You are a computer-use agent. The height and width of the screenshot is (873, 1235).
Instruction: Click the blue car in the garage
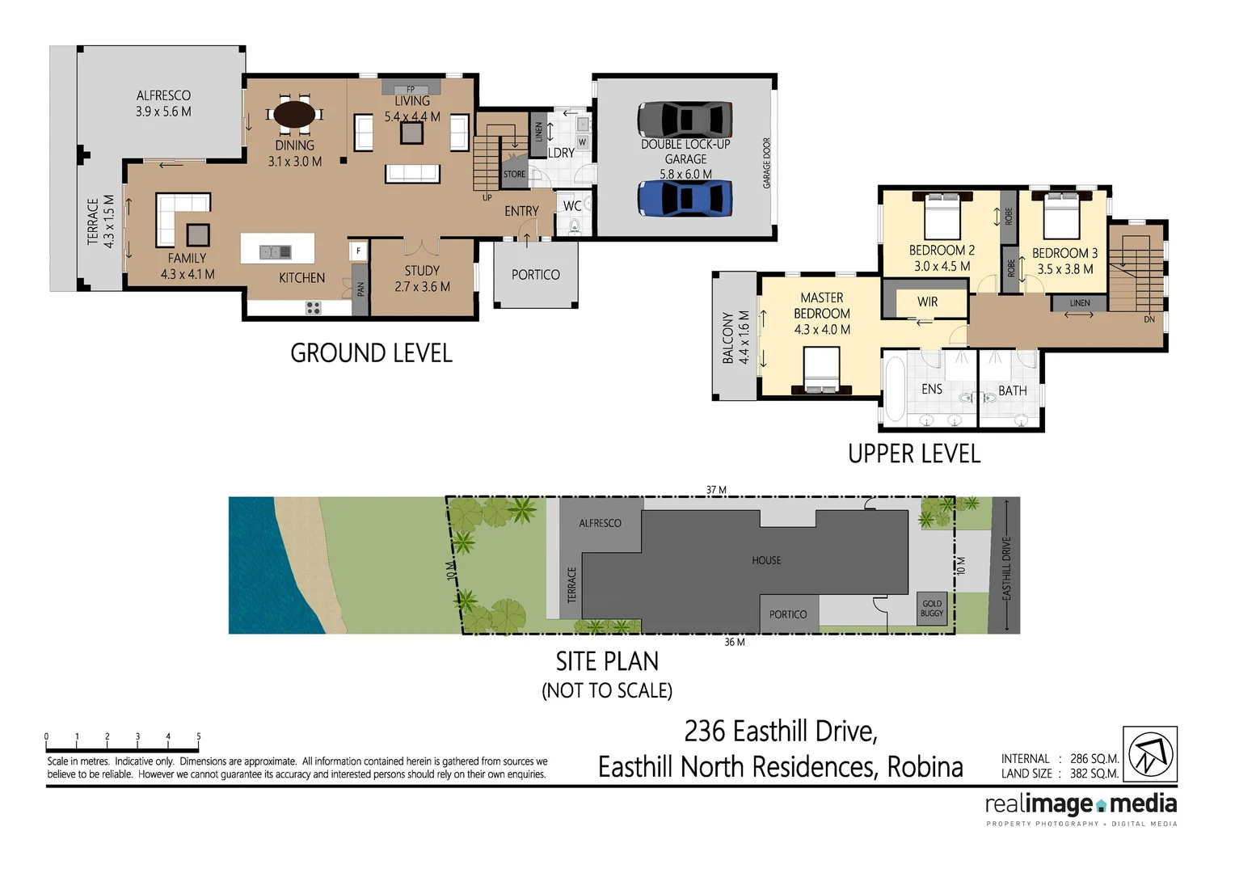[x=685, y=199]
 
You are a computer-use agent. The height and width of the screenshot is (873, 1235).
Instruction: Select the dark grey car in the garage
[x=685, y=120]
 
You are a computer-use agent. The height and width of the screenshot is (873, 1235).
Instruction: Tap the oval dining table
[x=295, y=114]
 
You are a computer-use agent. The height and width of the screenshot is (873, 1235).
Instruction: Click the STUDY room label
[x=422, y=271]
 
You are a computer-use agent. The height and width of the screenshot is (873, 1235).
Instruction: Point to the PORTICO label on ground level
[x=535, y=275]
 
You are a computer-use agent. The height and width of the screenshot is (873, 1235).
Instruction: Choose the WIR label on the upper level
[x=927, y=302]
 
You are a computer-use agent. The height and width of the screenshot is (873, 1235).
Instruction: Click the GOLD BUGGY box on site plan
[x=932, y=608]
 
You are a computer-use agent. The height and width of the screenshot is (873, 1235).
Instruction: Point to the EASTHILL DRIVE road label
[x=1006, y=567]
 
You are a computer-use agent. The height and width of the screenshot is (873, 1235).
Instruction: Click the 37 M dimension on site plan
[x=716, y=490]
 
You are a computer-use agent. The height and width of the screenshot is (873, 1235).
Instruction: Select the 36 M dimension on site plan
[x=734, y=642]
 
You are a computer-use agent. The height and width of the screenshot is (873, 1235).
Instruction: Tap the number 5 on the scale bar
[x=199, y=736]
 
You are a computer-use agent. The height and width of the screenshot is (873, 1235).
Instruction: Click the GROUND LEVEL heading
[x=371, y=353]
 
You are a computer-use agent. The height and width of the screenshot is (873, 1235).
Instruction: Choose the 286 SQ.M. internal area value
[x=1094, y=759]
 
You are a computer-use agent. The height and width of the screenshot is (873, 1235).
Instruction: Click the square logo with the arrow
[x=1150, y=753]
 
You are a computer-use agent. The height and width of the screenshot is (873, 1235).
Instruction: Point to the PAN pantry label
[x=360, y=287]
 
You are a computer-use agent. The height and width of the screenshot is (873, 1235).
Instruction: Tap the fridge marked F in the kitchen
[x=358, y=251]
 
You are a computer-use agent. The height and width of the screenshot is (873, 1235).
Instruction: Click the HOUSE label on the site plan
[x=766, y=560]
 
